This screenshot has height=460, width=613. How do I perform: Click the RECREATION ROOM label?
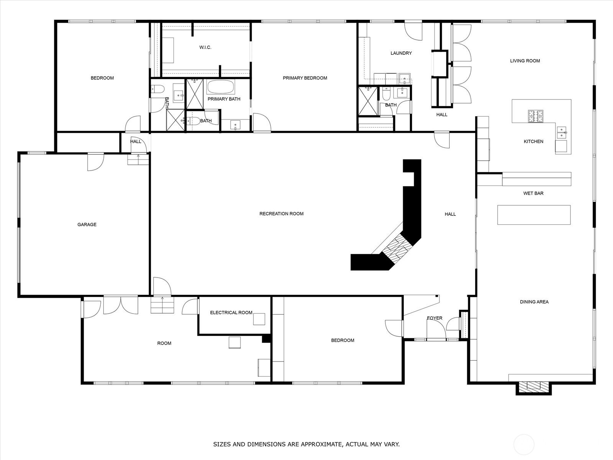(x=281, y=214)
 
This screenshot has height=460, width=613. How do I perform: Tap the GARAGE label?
(x=87, y=224)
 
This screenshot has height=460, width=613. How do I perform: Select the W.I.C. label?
(x=205, y=48)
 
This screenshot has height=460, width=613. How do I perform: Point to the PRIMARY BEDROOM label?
(x=305, y=78)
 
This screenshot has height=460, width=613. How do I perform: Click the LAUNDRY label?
(x=401, y=53)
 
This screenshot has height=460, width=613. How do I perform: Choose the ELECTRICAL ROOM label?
(x=231, y=312)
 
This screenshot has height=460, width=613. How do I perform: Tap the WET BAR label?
(x=533, y=193)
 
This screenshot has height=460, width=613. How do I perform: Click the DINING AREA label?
(x=534, y=302)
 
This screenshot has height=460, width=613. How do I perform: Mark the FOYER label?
(x=434, y=318)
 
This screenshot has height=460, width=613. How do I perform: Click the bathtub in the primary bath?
(x=221, y=87)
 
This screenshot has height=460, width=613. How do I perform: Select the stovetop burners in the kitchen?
(x=535, y=116)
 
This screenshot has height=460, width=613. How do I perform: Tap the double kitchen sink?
(x=562, y=133)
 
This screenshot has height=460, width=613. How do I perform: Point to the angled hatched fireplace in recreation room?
(x=397, y=248)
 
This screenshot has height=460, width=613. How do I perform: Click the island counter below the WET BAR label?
(x=534, y=215)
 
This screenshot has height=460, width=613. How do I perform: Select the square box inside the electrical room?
(x=259, y=319)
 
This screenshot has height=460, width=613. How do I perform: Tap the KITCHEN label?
(x=533, y=141)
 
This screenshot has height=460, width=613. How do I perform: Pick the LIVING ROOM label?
(x=525, y=61)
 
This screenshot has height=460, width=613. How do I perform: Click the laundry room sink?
(x=404, y=79)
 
